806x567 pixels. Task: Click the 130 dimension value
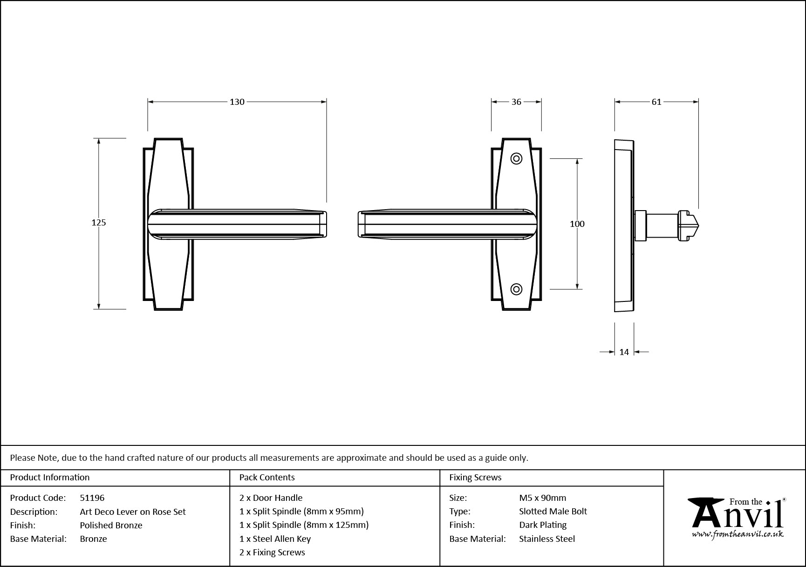(237, 102)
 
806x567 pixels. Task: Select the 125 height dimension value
(99, 223)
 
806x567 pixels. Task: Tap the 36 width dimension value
(516, 102)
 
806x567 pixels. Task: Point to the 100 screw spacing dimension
(577, 224)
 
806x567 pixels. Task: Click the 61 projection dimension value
(656, 102)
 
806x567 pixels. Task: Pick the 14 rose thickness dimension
(624, 352)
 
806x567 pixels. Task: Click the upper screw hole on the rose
(516, 159)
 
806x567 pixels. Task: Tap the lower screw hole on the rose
(516, 289)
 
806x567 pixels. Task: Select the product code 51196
(92, 498)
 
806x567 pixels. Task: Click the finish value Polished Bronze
(111, 525)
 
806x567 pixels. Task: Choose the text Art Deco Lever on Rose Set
(132, 512)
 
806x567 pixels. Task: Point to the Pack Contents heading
(267, 478)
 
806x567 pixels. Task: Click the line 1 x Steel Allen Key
(275, 539)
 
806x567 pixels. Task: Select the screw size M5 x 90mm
(542, 498)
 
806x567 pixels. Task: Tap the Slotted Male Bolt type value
(553, 512)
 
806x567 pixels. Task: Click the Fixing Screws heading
(475, 478)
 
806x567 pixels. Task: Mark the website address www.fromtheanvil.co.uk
(737, 534)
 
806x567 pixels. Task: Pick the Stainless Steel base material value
(547, 539)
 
